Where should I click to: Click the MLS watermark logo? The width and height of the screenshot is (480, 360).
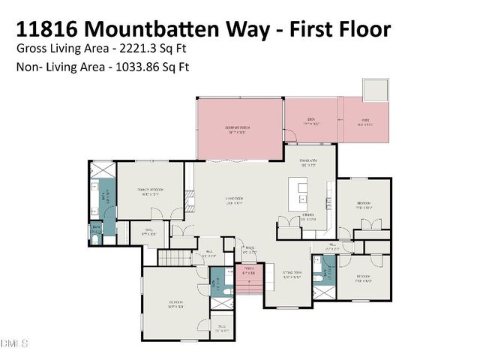click(x=14, y=344)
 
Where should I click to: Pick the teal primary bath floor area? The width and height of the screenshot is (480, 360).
click(x=106, y=196)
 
